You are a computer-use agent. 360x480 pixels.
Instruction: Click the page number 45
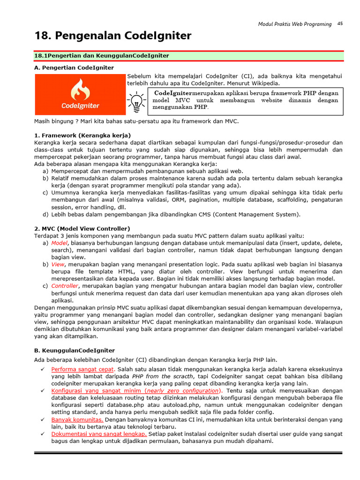(340, 23)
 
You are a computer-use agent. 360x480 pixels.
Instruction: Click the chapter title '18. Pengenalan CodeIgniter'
(112, 36)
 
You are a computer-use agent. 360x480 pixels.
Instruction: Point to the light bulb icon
(136, 102)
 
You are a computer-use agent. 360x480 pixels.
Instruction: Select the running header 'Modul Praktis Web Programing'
(295, 24)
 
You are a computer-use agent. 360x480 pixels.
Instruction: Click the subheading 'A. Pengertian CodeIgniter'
(74, 67)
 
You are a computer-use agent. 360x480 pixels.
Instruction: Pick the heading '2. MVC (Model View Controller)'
(82, 228)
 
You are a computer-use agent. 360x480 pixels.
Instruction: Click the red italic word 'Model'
(60, 243)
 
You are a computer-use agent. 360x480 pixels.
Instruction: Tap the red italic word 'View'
(58, 264)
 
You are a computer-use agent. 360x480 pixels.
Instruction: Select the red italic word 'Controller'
(65, 285)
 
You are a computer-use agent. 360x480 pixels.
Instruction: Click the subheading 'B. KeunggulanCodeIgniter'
(74, 350)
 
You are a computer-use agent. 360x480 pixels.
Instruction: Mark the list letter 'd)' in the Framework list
(45, 214)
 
